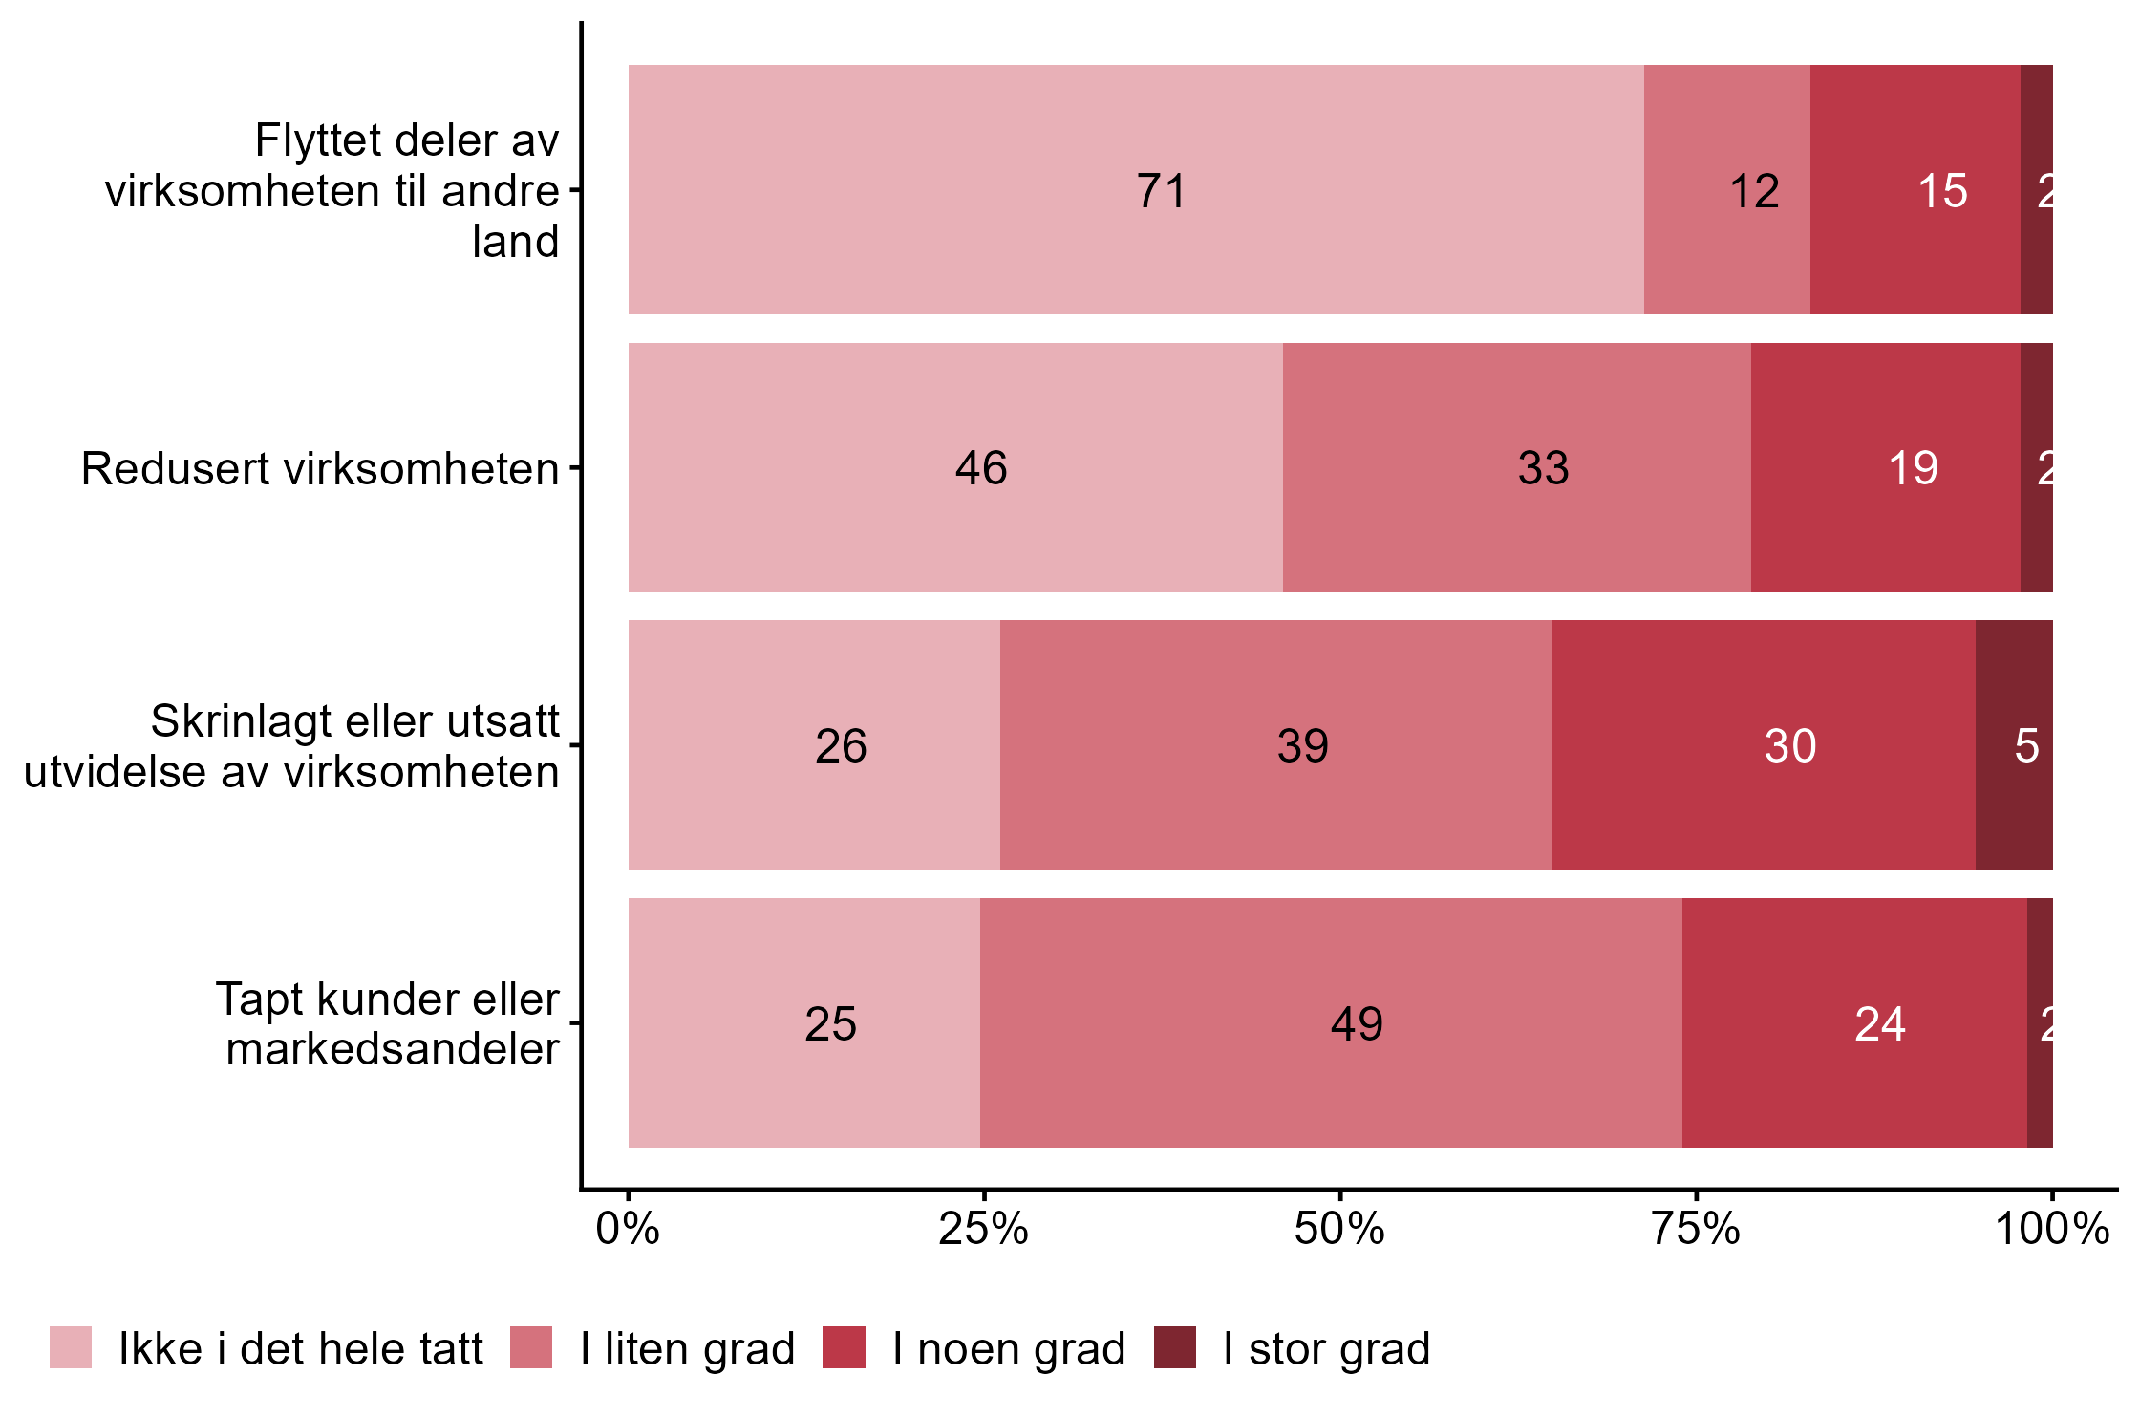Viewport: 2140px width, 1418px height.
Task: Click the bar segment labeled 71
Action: (x=1135, y=189)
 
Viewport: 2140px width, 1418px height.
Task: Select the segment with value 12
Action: (x=1726, y=189)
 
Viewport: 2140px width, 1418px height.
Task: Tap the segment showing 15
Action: (x=1915, y=189)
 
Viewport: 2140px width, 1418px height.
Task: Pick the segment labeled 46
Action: (x=955, y=467)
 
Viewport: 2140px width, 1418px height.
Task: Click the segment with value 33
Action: (x=1516, y=467)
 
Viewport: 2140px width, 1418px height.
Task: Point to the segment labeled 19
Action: (x=1885, y=467)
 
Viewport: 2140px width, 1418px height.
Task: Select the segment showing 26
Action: (x=814, y=745)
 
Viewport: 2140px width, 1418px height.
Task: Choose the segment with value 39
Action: (x=1275, y=745)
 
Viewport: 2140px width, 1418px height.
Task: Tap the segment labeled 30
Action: (x=1763, y=745)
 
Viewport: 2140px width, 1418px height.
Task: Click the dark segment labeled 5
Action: (x=2014, y=745)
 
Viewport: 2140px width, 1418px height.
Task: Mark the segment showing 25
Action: (x=803, y=1022)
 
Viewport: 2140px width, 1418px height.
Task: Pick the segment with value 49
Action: (x=1330, y=1022)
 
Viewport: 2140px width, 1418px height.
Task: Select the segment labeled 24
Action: (x=1853, y=1022)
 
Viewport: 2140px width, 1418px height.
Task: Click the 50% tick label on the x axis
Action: (x=1339, y=1229)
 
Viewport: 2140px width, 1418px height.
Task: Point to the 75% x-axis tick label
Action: (x=1696, y=1229)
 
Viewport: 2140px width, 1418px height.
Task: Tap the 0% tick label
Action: (x=628, y=1229)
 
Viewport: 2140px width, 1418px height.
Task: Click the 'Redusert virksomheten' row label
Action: (x=320, y=469)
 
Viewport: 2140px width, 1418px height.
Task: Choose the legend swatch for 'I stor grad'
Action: (x=1174, y=1347)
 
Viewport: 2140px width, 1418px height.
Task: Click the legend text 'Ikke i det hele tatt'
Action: (x=301, y=1349)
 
